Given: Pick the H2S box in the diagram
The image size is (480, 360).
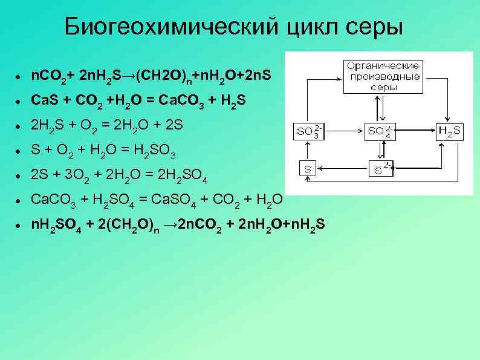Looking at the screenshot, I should pos(450,131).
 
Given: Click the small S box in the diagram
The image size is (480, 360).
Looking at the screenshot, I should pos(308,169).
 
